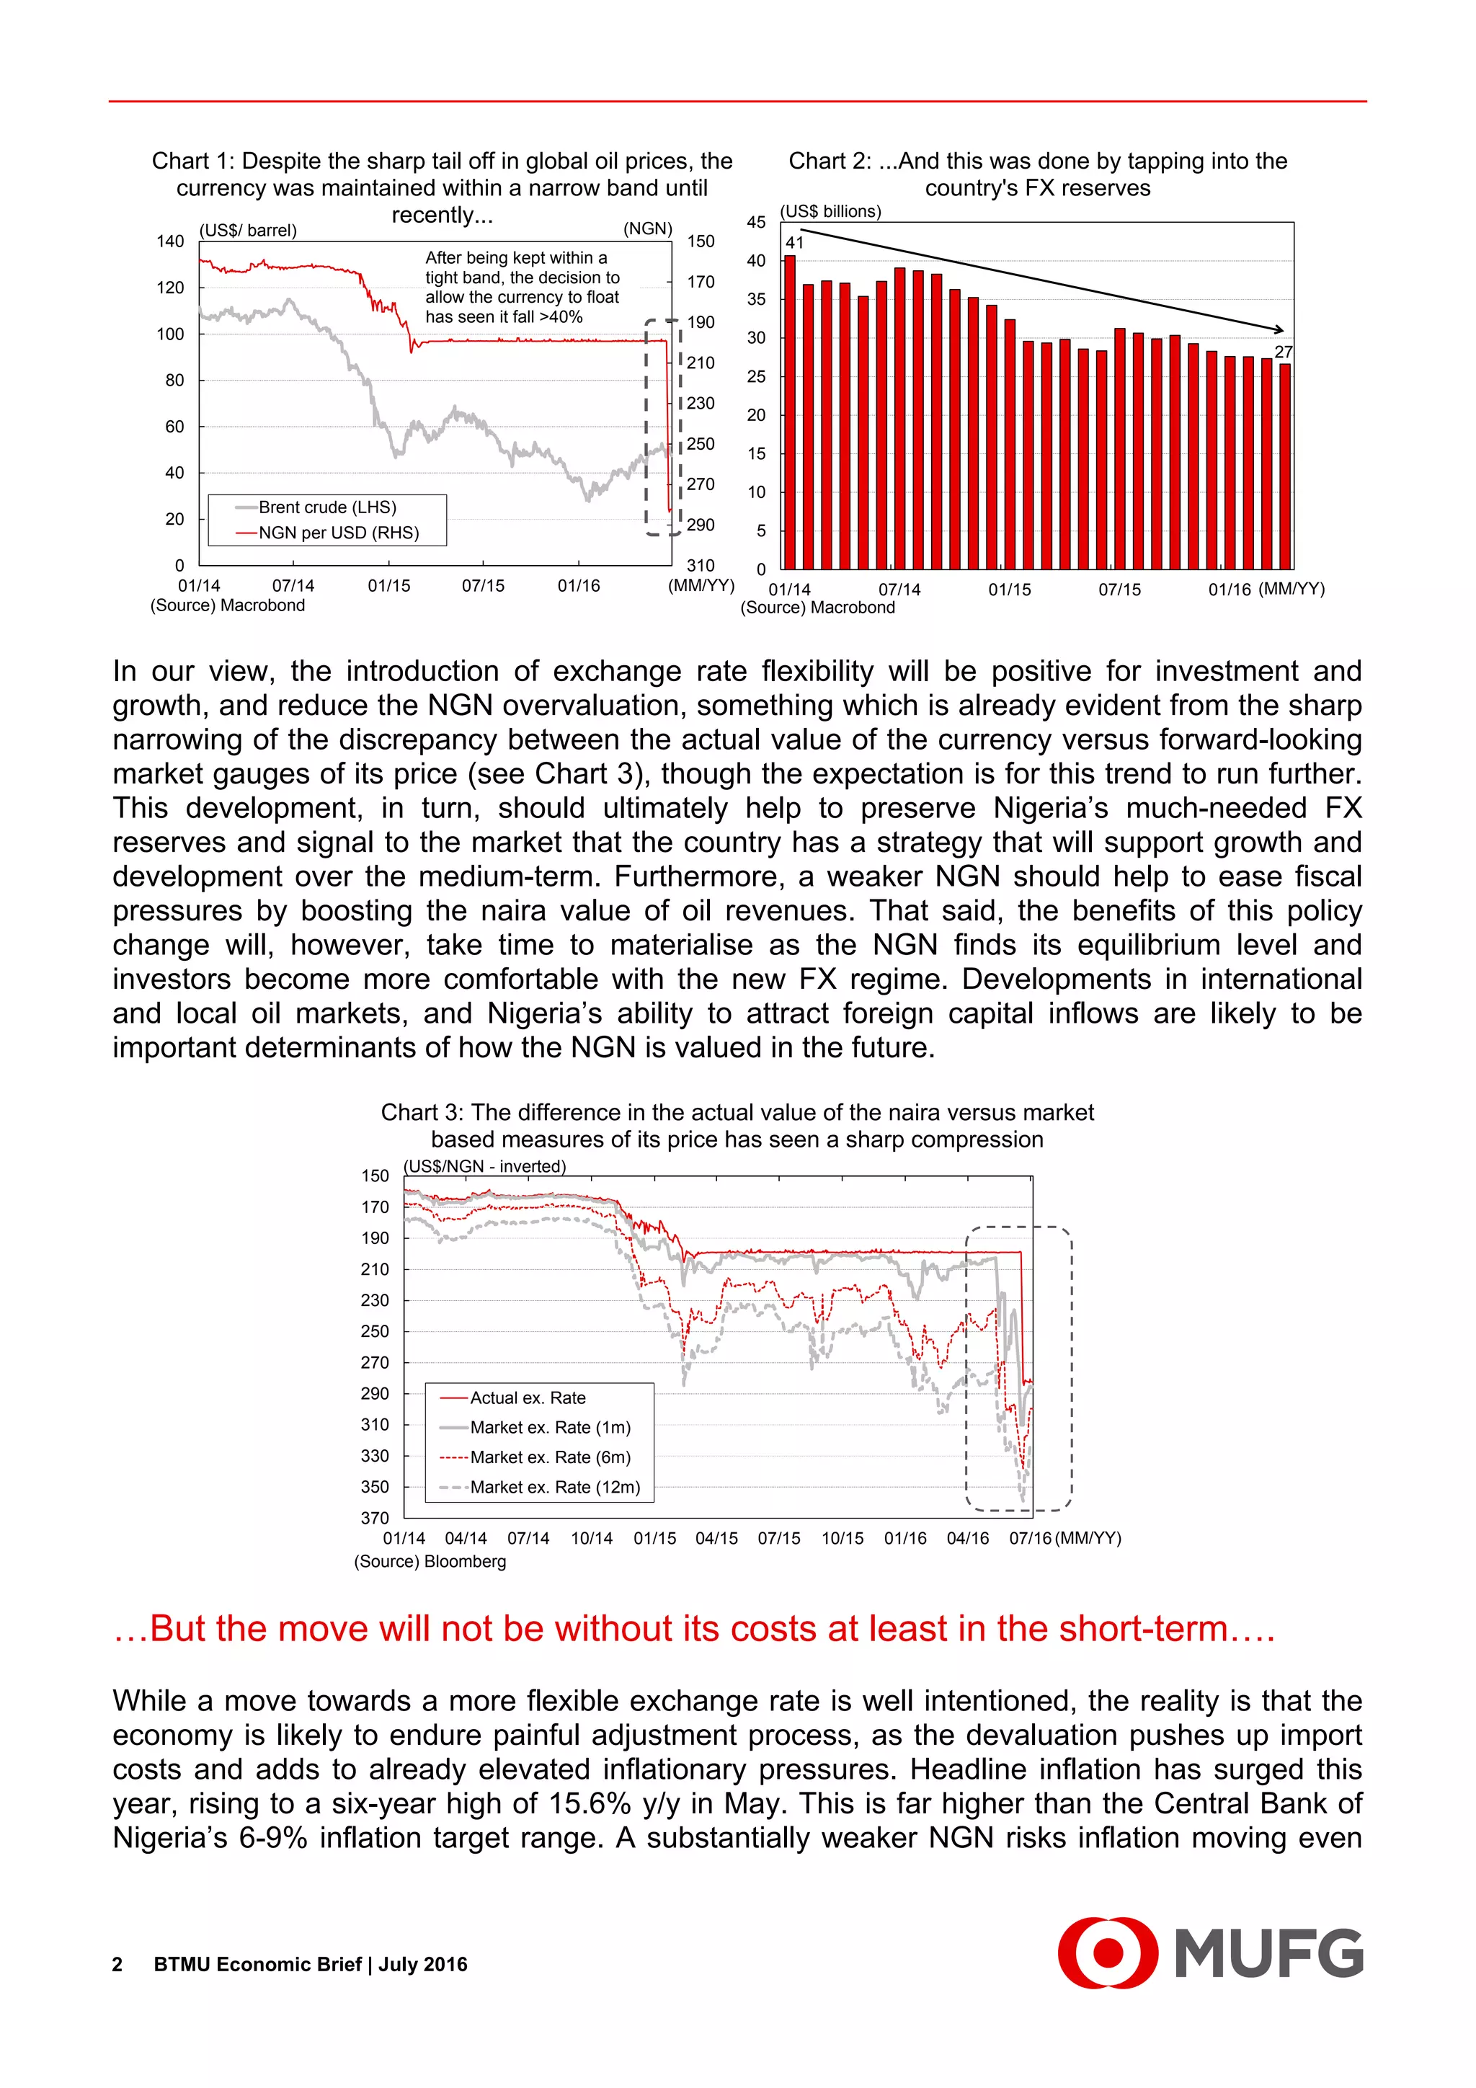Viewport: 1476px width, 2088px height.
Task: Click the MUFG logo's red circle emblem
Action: click(1107, 1952)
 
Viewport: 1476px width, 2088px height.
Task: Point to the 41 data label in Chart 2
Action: click(795, 243)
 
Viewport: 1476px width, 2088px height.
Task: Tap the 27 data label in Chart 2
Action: click(1282, 352)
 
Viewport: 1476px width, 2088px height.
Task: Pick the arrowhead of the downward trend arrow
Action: click(1279, 329)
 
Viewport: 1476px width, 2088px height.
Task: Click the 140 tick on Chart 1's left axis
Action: click(170, 241)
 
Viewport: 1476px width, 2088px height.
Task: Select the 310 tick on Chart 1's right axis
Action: click(701, 566)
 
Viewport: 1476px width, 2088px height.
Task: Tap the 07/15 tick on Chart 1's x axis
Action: click(483, 586)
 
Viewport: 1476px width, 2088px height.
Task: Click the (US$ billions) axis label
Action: click(830, 211)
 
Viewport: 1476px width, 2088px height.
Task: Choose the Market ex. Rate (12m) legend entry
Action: click(555, 1487)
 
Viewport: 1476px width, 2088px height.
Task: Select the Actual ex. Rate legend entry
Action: click(528, 1398)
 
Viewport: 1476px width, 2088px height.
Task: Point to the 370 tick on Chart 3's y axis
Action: click(375, 1518)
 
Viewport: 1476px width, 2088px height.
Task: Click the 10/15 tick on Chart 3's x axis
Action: click(842, 1538)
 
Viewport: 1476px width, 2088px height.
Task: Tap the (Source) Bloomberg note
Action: click(430, 1561)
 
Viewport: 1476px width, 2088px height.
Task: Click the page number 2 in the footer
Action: click(117, 1964)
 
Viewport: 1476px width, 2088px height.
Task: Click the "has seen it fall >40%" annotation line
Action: click(504, 316)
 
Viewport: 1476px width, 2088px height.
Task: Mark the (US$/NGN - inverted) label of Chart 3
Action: click(485, 1166)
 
